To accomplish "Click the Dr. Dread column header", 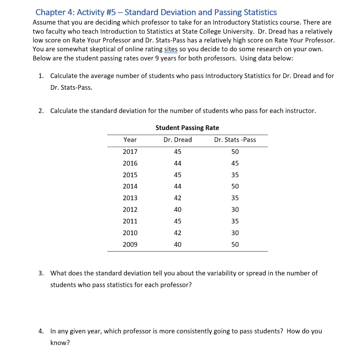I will pos(177,140).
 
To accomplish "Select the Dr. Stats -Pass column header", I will pos(235,140).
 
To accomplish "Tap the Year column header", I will pos(130,140).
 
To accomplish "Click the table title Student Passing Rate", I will pos(187,128).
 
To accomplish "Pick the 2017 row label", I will pos(130,151).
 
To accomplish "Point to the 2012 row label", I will pos(130,210).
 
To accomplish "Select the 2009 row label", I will pos(130,244).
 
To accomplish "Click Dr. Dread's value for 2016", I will pos(177,163).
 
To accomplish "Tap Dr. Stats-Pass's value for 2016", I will pos(235,163).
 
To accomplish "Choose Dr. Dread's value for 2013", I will pos(177,198).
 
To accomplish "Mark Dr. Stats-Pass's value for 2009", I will pos(235,244).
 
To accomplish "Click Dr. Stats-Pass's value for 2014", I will pos(235,186).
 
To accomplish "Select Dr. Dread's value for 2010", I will pos(177,233).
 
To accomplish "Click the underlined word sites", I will pos(171,49).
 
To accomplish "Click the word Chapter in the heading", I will pos(50,12).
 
